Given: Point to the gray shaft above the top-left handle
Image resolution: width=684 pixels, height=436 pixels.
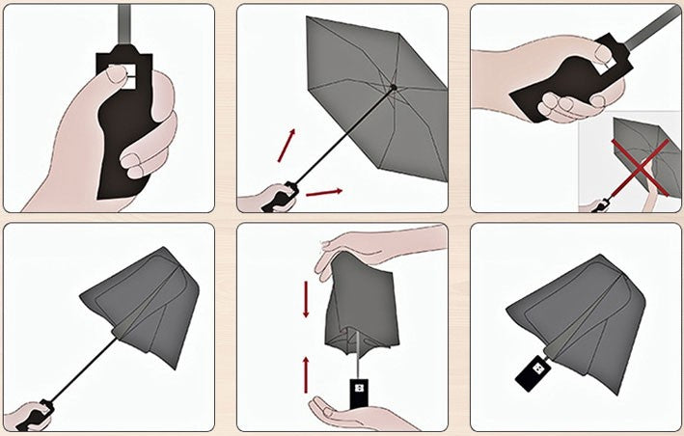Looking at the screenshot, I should click(x=123, y=23).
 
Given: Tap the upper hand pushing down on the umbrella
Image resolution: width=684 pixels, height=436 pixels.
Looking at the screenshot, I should click(x=376, y=248).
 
